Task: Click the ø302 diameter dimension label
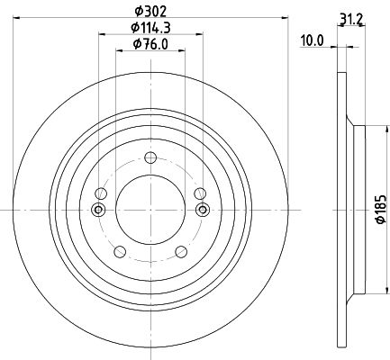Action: coord(150,12)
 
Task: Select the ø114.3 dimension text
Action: coord(150,28)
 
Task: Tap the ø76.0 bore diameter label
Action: coord(150,44)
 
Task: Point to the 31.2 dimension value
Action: coord(351,20)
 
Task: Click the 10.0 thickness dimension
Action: coord(313,40)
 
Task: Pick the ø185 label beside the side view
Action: coord(381,209)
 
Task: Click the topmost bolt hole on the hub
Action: coord(150,157)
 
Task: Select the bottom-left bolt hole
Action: coord(120,252)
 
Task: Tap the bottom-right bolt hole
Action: coord(181,252)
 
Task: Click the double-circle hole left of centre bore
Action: coord(98,210)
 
